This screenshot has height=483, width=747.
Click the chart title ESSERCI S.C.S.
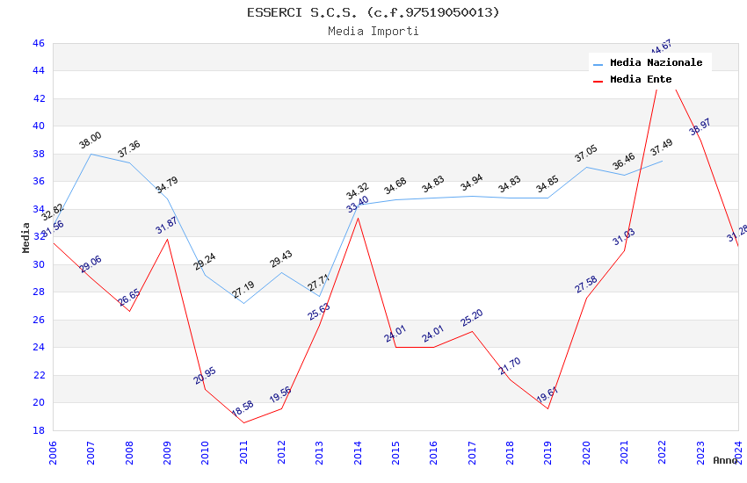[373, 12]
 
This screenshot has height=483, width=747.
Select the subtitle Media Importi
[373, 31]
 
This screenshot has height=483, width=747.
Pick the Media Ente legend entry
[641, 79]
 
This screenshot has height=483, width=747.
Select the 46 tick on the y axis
[38, 43]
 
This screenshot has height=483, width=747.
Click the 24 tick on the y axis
[38, 347]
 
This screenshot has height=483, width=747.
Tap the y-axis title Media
[26, 237]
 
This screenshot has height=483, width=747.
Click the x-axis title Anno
[725, 460]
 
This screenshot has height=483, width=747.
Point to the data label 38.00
[91, 141]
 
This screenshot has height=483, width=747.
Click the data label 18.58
[243, 407]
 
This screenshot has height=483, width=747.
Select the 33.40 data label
[358, 205]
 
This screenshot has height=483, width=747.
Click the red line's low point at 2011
[243, 422]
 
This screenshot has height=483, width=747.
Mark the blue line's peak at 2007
[91, 154]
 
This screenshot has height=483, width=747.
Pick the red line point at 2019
[548, 408]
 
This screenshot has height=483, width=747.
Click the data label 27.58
[586, 284]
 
